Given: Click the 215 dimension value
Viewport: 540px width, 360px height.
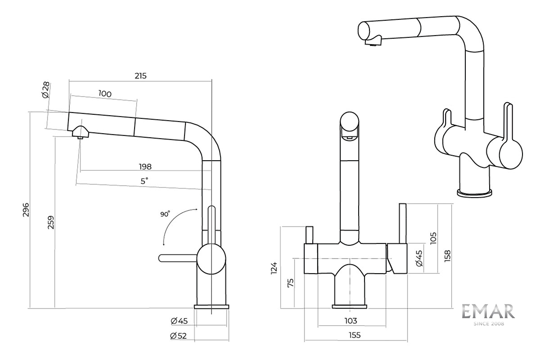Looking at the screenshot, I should click(x=140, y=76).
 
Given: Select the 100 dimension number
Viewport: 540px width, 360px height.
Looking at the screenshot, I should click(x=104, y=94).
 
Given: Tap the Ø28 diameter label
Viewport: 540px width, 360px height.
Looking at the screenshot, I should click(x=45, y=90).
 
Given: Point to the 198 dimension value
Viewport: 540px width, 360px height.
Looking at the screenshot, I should click(x=145, y=166).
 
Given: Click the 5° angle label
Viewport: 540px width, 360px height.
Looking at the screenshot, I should click(x=144, y=181).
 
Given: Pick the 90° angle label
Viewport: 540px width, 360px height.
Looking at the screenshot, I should click(x=165, y=214).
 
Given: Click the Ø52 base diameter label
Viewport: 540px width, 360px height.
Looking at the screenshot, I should click(x=179, y=335).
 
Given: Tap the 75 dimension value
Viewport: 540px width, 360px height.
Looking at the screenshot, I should click(x=291, y=283).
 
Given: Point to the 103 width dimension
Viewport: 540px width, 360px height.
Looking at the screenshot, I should click(x=351, y=321).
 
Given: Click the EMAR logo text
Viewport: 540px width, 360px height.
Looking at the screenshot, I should click(x=488, y=312).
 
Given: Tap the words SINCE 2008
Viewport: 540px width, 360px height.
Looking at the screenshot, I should click(x=489, y=323).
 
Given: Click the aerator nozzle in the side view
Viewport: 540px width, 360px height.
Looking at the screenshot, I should click(x=81, y=133).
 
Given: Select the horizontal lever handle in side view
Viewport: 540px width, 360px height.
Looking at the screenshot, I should click(x=178, y=257).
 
